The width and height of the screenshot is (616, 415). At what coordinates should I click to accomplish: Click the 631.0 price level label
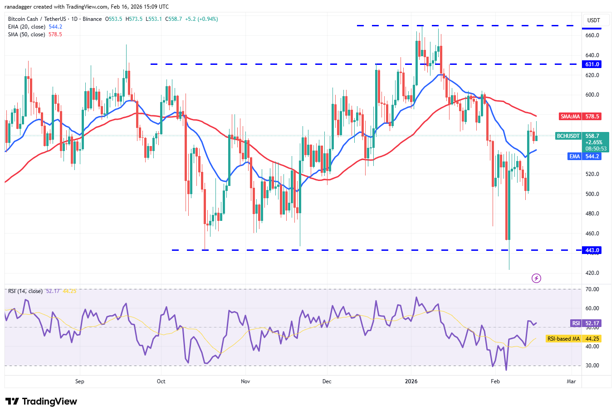tap(592, 64)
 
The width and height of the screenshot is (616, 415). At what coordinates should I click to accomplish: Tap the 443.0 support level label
tap(592, 250)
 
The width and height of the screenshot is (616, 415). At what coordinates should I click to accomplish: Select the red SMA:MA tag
tap(570, 117)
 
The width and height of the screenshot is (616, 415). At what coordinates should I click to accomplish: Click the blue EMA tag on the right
tap(575, 156)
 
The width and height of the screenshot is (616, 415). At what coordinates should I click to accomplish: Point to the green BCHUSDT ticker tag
tap(568, 136)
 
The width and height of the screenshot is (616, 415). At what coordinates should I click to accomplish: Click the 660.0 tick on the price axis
tap(592, 35)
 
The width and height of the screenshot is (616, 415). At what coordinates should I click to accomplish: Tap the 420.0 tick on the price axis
tap(592, 273)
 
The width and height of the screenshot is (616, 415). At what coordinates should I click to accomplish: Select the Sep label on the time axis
tap(80, 381)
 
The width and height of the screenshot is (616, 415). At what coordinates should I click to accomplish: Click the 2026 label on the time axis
tap(411, 381)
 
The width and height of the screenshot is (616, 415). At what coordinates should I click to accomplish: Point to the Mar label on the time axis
tap(571, 381)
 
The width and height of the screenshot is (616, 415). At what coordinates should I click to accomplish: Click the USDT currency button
tap(593, 20)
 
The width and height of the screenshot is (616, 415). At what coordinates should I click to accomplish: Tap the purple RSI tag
tap(576, 323)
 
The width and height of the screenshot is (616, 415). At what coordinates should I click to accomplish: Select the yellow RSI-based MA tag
tap(563, 339)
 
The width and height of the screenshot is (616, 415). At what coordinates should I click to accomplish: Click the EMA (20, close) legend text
tap(26, 27)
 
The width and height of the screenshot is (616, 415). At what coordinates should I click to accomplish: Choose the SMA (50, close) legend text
tap(26, 34)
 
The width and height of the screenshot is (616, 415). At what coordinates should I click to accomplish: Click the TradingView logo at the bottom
tap(41, 401)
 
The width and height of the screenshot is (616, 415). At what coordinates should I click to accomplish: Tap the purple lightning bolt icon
tap(536, 278)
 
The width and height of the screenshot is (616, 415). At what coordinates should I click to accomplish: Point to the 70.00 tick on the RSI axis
tap(592, 289)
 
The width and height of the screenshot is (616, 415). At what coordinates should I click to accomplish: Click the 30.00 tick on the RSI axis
tap(592, 366)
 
